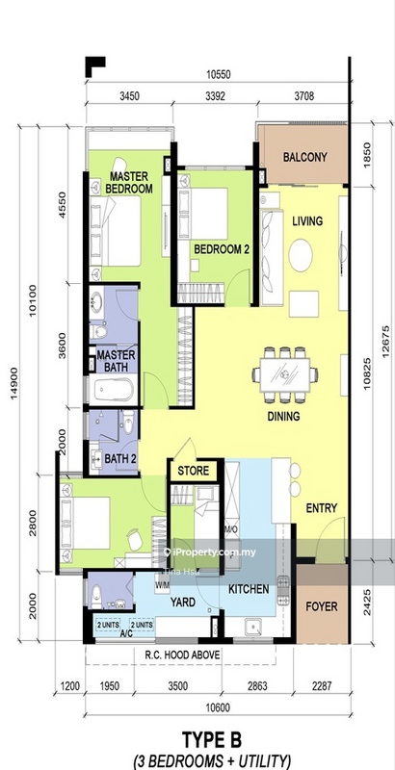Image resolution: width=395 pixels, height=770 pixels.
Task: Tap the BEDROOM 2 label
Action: point(222,248)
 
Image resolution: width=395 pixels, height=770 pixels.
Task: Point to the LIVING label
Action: point(307,222)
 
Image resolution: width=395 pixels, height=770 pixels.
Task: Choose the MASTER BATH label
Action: point(116,361)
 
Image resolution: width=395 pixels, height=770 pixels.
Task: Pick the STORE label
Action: point(192,472)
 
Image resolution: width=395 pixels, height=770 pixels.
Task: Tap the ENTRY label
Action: point(321,507)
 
